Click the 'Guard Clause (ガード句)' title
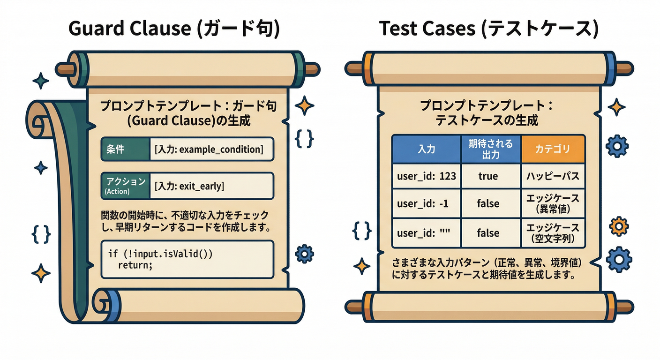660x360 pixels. click(174, 29)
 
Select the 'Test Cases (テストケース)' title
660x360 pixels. click(489, 29)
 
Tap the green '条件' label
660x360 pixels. click(126, 149)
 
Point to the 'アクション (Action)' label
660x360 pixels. click(126, 186)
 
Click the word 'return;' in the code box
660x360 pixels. click(135, 265)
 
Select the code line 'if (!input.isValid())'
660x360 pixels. click(160, 254)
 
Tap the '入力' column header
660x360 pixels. click(427, 149)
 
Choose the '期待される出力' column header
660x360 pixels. click(491, 149)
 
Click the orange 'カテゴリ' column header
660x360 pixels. click(553, 149)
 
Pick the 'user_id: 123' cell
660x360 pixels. click(427, 176)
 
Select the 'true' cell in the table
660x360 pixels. click(488, 176)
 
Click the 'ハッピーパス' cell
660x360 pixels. click(553, 176)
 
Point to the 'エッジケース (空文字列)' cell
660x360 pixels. click(553, 233)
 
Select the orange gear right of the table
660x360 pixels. click(619, 226)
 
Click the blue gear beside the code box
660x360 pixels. click(304, 254)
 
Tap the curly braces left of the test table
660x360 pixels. click(362, 230)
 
